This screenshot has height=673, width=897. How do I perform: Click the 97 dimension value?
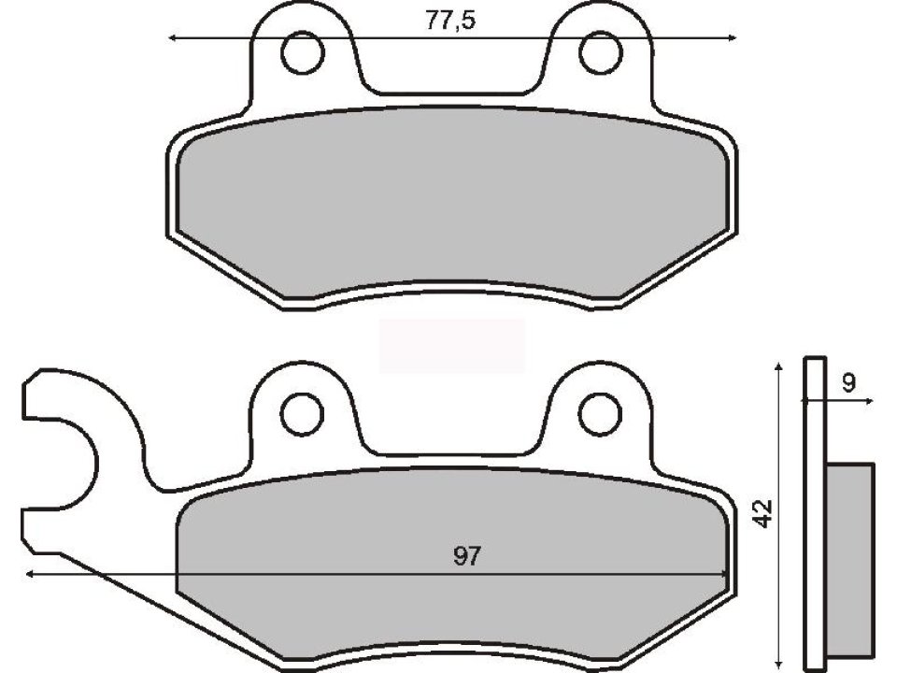(x=467, y=557)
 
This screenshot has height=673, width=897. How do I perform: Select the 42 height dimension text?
(x=764, y=512)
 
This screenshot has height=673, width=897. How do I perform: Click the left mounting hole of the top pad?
(x=302, y=52)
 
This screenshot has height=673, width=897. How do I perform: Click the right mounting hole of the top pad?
(x=598, y=52)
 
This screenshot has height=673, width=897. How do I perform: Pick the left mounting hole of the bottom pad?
(x=302, y=413)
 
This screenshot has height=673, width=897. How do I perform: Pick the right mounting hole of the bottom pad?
(x=598, y=413)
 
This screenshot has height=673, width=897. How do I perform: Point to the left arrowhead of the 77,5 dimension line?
(x=173, y=38)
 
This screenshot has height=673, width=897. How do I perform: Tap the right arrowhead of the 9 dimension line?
(x=868, y=401)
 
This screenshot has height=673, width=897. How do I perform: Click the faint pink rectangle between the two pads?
(x=452, y=345)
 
